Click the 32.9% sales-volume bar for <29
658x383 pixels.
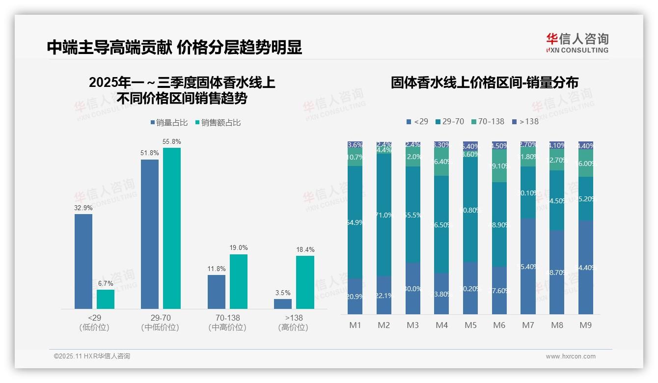click(x=83, y=261)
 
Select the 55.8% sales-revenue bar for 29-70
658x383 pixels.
click(x=172, y=228)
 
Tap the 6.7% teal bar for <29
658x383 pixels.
click(x=106, y=299)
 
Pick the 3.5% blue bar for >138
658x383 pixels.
click(x=283, y=304)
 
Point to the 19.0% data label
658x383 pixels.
click(x=239, y=248)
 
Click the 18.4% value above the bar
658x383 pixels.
click(x=305, y=250)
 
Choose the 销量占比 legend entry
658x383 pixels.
click(x=169, y=123)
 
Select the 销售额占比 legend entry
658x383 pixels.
click(x=218, y=123)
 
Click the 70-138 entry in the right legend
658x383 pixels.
click(x=488, y=121)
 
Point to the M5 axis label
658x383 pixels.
click(x=471, y=325)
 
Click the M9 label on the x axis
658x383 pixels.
click(x=586, y=325)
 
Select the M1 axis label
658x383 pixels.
click(x=355, y=325)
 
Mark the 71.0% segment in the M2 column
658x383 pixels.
click(x=384, y=215)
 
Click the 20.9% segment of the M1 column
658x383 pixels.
click(x=355, y=297)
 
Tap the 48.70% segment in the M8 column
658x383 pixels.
click(x=557, y=273)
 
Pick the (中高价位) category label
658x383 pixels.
click(x=227, y=328)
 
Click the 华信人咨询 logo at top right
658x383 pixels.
click(x=577, y=43)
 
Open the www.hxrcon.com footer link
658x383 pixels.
click(x=571, y=356)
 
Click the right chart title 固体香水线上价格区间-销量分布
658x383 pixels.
click(x=484, y=82)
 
